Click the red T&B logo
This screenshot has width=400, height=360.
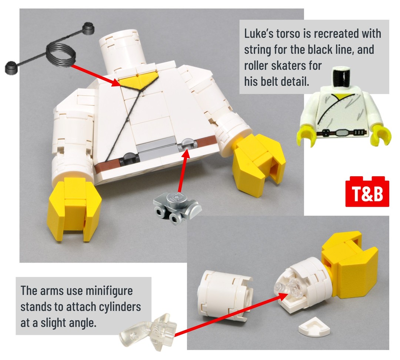[x=367, y=191]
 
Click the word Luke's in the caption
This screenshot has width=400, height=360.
[x=259, y=34]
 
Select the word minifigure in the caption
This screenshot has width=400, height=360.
[x=109, y=291]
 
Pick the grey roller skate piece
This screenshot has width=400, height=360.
[x=177, y=207]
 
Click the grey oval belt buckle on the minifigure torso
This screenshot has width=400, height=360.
[x=343, y=133]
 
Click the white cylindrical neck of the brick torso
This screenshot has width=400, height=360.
[x=121, y=50]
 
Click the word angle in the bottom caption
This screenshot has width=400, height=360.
[x=82, y=323]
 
